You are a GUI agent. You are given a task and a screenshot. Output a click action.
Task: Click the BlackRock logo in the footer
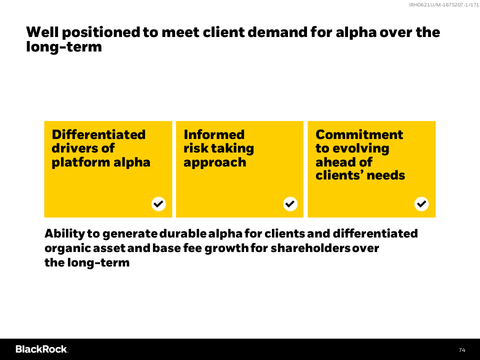point(41,349)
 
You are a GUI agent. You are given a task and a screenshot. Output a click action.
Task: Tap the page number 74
point(462,350)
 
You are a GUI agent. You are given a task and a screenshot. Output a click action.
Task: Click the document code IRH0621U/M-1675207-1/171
point(444,5)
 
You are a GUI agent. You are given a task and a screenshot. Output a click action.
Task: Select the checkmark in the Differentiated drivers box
point(158,204)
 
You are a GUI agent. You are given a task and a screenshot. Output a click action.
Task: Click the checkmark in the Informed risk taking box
point(290,204)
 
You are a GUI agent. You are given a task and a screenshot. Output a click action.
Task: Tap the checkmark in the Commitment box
point(421,204)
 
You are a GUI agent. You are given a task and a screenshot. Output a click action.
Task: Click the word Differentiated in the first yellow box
point(98,134)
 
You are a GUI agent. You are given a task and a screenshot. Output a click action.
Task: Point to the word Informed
point(214,134)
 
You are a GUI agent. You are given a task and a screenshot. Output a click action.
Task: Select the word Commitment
point(359,134)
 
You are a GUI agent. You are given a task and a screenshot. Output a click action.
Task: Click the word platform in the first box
point(81,162)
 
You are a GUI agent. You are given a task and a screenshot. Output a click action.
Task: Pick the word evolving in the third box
point(361,149)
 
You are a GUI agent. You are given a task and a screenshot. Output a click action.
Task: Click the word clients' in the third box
point(339,175)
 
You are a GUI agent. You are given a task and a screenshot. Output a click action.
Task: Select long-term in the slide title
point(64,47)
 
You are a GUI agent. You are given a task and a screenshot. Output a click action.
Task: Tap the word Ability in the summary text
point(64,233)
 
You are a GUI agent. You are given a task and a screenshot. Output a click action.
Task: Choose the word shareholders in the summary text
point(310,248)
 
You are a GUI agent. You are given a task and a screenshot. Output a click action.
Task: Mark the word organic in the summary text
point(67,248)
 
